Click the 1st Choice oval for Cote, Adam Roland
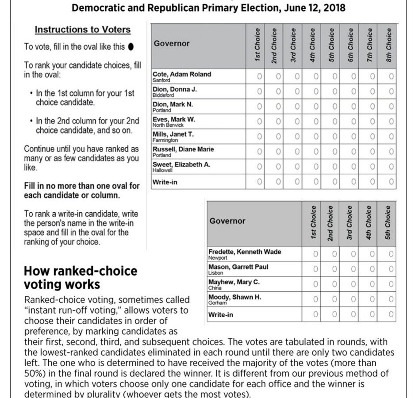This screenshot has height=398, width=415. (260, 77)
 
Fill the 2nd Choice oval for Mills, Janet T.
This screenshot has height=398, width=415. (278, 137)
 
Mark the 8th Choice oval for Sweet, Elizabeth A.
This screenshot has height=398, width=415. (392, 167)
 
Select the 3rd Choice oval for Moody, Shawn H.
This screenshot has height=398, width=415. (353, 299)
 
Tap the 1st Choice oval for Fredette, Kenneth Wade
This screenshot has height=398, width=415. (315, 254)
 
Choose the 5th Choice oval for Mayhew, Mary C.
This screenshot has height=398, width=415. (391, 284)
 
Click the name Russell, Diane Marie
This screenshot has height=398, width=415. (183, 149)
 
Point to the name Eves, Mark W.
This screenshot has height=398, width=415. (173, 119)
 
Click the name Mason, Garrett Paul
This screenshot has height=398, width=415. (238, 267)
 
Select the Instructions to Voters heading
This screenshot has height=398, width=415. (83, 30)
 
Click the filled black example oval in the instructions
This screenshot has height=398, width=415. (131, 46)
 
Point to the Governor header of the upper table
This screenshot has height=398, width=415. (172, 43)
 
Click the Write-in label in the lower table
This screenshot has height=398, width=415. (220, 315)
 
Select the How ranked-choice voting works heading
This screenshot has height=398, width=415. (80, 277)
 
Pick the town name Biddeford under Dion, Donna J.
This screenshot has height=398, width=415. (163, 95)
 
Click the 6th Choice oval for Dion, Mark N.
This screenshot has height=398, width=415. (354, 107)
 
